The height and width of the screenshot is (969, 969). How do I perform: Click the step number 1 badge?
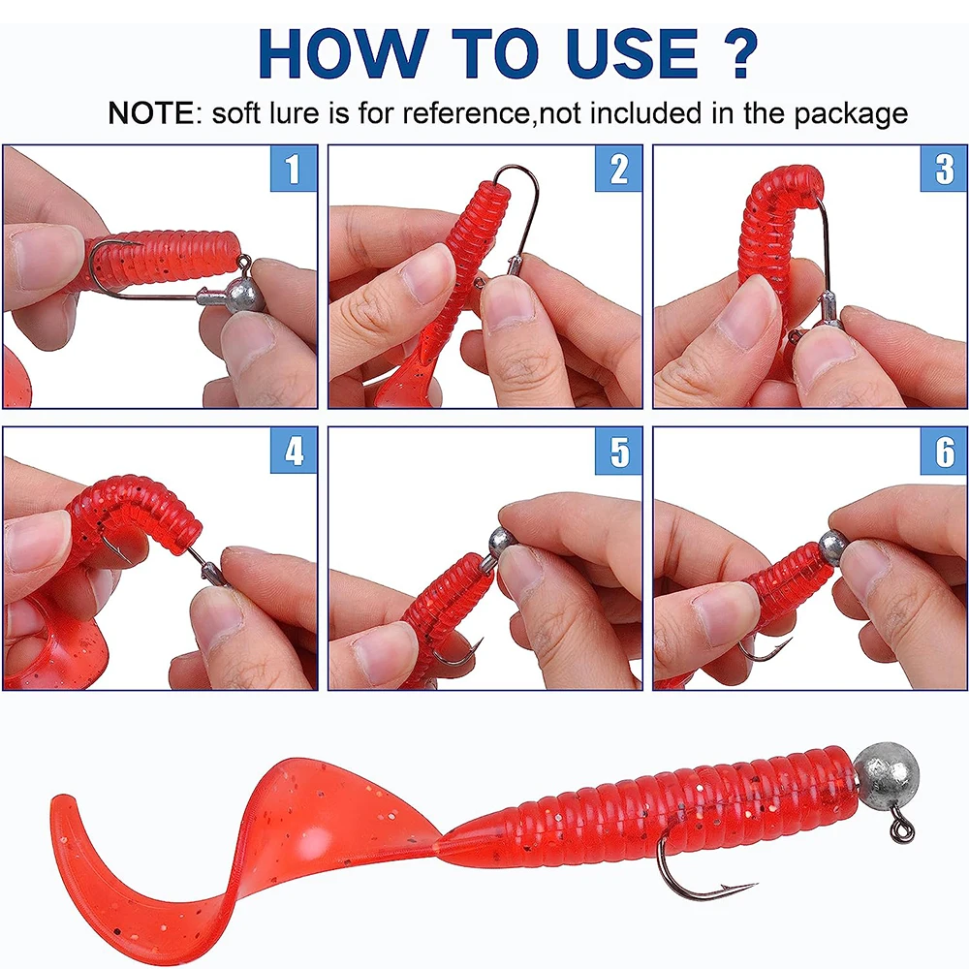click(x=294, y=169)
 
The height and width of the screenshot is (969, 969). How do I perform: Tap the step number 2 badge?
click(x=618, y=169)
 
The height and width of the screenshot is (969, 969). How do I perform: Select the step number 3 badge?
click(x=944, y=169)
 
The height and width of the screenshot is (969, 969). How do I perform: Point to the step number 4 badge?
click(x=294, y=451)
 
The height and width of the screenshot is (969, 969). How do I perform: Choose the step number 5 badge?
click(x=618, y=451)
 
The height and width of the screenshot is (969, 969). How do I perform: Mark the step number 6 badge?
click(x=944, y=451)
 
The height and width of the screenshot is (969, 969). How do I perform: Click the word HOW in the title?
click(x=343, y=53)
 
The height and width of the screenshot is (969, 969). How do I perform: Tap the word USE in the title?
click(x=632, y=53)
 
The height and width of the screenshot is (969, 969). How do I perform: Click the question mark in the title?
click(x=737, y=53)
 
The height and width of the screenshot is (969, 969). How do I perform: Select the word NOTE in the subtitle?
click(x=151, y=113)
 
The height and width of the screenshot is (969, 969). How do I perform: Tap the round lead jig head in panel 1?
click(x=244, y=297)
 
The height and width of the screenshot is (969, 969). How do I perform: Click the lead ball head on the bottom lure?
click(x=888, y=773)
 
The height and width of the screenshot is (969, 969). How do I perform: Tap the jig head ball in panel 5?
click(x=503, y=542)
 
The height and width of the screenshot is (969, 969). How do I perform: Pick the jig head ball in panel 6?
click(x=834, y=547)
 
